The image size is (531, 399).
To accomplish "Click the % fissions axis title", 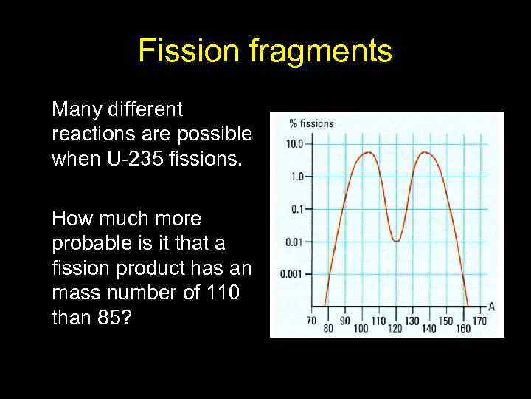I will click(x=311, y=123).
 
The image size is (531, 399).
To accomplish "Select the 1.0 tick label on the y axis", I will click(x=296, y=177).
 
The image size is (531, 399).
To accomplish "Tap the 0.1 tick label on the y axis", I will click(x=296, y=209).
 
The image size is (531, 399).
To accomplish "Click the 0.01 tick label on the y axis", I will click(x=294, y=242).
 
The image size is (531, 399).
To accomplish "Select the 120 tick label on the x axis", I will click(x=395, y=327).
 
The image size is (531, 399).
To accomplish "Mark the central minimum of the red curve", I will click(x=396, y=241).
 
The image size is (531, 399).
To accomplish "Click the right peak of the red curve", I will click(x=426, y=152).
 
